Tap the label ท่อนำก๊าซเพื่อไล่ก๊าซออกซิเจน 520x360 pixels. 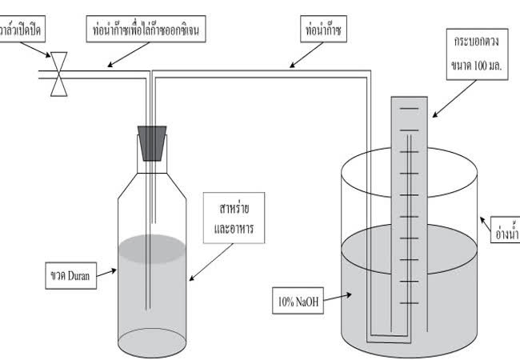(x=150, y=30)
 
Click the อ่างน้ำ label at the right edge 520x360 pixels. (x=506, y=234)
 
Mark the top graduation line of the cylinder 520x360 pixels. (x=410, y=110)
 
